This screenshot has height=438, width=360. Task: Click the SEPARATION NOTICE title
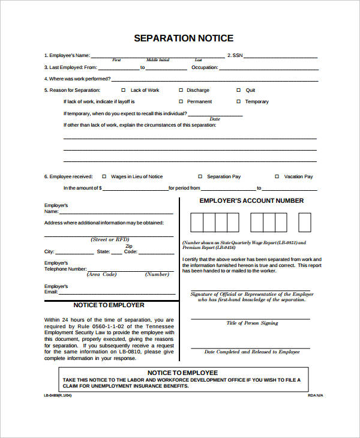[x=183, y=38]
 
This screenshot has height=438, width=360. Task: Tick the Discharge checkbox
[x=181, y=90]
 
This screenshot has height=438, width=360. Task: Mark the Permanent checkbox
[x=181, y=101]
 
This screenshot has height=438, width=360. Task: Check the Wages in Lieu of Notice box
[x=104, y=176]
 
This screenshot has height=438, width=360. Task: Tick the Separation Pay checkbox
[x=200, y=176]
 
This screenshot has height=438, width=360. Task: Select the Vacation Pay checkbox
[x=277, y=176]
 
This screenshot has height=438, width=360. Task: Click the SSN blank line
[x=281, y=57]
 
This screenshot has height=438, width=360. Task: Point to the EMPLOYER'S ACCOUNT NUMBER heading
[x=251, y=201]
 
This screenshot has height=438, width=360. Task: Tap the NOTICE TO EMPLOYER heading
[x=109, y=305]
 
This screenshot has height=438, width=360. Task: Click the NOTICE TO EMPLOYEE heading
[x=183, y=373]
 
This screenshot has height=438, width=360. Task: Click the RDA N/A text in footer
[x=316, y=396]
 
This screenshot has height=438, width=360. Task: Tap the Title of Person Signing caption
[x=252, y=323]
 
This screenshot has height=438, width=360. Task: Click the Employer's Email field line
[x=117, y=293]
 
